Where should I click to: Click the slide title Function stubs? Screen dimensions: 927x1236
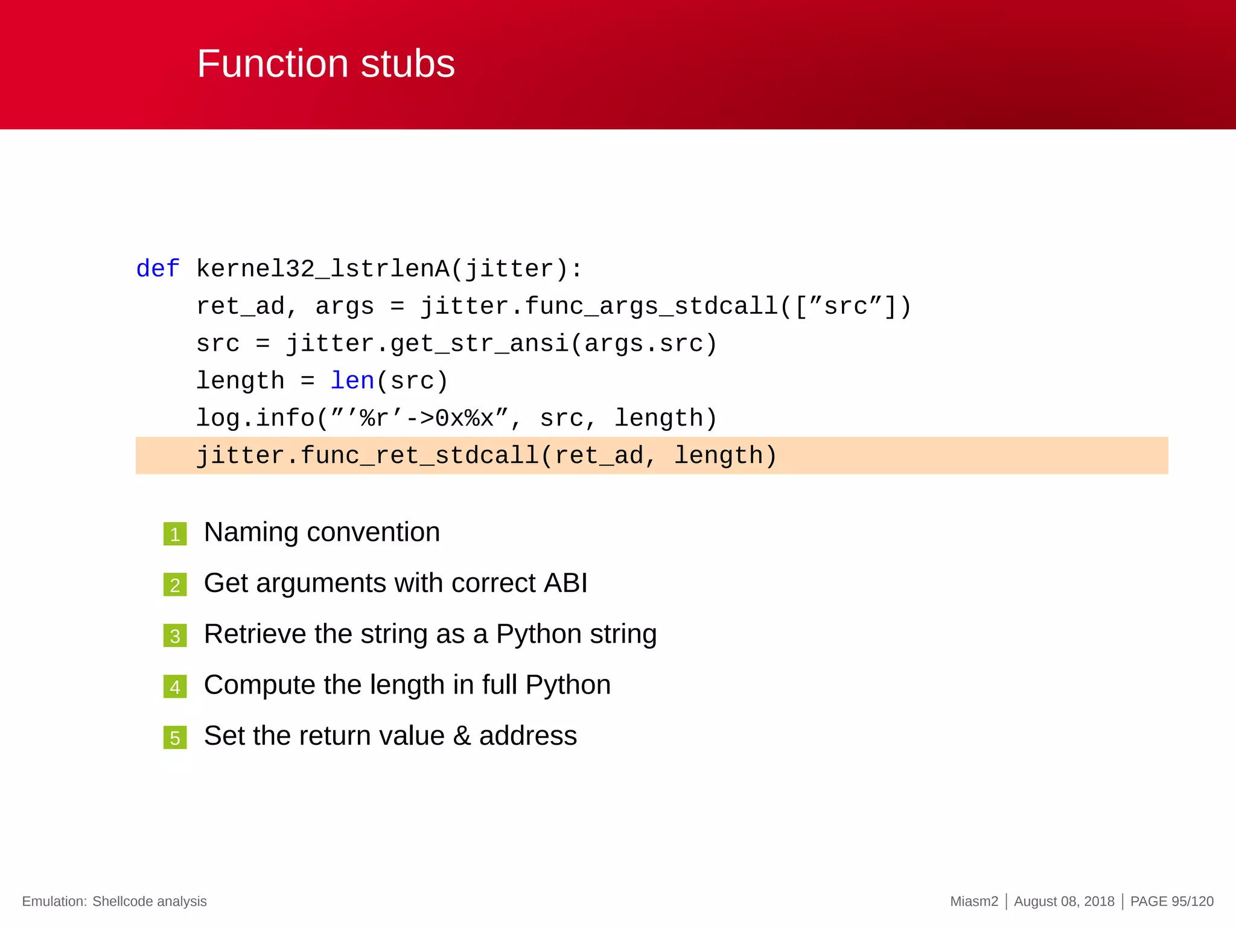[x=326, y=64]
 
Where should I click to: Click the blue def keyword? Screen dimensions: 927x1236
[x=158, y=269]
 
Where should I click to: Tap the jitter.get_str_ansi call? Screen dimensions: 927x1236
[x=427, y=343]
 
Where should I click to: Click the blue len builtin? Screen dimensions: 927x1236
[x=352, y=381]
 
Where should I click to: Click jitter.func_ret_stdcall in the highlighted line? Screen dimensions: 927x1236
[x=368, y=456]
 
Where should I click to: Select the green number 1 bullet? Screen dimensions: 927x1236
[x=175, y=534]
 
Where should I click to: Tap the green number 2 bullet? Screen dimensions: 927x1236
[x=175, y=585]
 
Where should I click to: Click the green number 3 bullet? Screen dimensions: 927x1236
[x=175, y=636]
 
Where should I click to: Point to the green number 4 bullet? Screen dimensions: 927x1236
[x=175, y=687]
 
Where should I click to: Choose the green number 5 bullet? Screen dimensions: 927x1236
[x=175, y=737]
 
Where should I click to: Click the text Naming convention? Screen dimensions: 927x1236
[x=322, y=532]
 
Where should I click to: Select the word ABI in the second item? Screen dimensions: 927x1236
[x=565, y=583]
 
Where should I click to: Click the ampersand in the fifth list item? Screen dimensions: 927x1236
[x=462, y=736]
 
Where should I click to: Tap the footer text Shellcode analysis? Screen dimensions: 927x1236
[x=149, y=901]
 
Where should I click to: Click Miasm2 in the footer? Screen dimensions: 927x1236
[x=974, y=901]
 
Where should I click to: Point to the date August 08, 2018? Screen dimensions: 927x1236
[x=1064, y=901]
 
